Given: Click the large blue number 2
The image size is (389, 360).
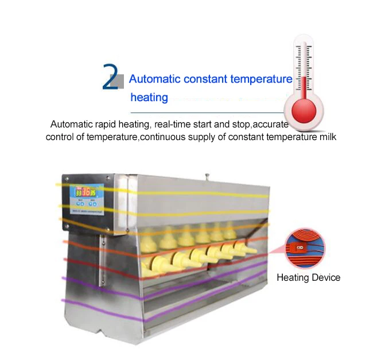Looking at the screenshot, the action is [x=109, y=78].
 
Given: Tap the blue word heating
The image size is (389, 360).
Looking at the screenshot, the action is [x=149, y=98].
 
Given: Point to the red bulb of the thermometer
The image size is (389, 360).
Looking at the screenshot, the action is [x=304, y=109].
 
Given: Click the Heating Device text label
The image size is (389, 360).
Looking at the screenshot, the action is [x=309, y=278].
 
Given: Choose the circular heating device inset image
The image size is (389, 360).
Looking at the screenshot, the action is [x=304, y=247].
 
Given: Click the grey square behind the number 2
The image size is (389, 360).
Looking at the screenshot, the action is [x=116, y=82].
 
